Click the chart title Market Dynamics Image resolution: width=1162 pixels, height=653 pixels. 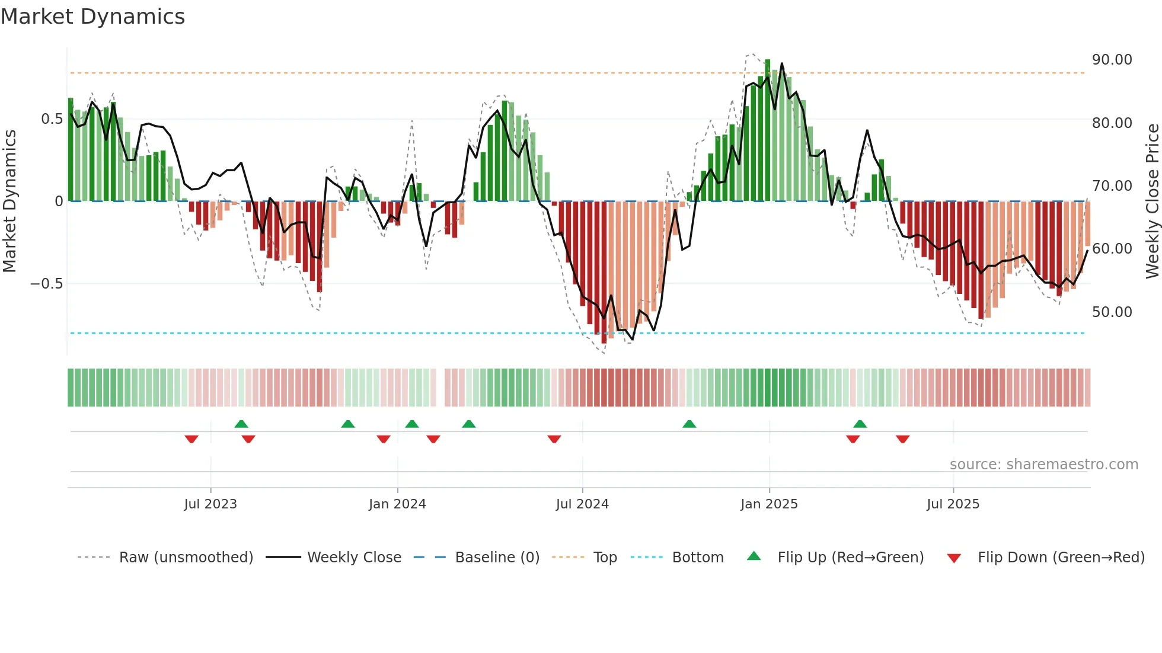[x=92, y=17]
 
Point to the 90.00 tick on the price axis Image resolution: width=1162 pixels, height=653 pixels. [x=1112, y=60]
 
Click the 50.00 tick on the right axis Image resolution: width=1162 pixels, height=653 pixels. [x=1112, y=312]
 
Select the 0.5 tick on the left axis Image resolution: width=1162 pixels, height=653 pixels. [x=52, y=119]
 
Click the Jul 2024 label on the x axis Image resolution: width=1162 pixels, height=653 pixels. [x=582, y=504]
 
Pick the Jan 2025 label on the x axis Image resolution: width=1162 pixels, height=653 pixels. [x=769, y=504]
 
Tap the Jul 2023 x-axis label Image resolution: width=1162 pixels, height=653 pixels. [x=210, y=504]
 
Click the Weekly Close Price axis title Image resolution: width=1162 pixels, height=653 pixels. [x=1152, y=201]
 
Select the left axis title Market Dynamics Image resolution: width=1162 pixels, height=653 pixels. [x=9, y=201]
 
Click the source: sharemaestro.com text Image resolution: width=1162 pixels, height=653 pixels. [x=1043, y=465]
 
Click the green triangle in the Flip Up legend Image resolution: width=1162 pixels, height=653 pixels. [x=754, y=556]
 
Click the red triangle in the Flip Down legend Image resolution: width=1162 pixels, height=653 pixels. [x=954, y=558]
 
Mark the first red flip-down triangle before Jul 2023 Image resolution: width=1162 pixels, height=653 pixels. [x=191, y=439]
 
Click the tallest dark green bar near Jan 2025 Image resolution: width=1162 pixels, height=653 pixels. [x=768, y=130]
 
